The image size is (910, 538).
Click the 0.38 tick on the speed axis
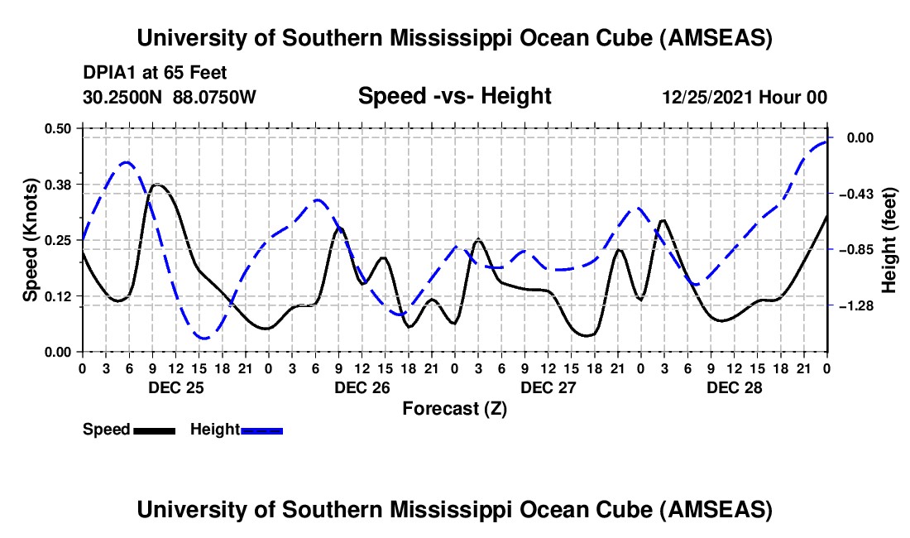[60, 183]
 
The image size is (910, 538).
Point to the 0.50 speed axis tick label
[60, 127]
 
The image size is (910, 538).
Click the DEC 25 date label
[176, 387]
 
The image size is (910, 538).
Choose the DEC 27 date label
[548, 387]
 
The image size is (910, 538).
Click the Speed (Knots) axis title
[31, 240]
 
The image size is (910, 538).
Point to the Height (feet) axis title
[889, 240]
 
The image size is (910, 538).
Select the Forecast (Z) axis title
[454, 408]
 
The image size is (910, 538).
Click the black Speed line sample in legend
[154, 430]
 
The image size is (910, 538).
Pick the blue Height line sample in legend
[261, 430]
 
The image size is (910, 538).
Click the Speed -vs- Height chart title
[454, 96]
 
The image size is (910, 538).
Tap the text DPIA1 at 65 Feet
[155, 74]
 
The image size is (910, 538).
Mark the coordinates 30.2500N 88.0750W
[170, 97]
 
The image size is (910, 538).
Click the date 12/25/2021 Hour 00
[745, 97]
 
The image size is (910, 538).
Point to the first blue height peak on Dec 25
[127, 162]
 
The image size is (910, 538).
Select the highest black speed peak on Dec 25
[157, 185]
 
